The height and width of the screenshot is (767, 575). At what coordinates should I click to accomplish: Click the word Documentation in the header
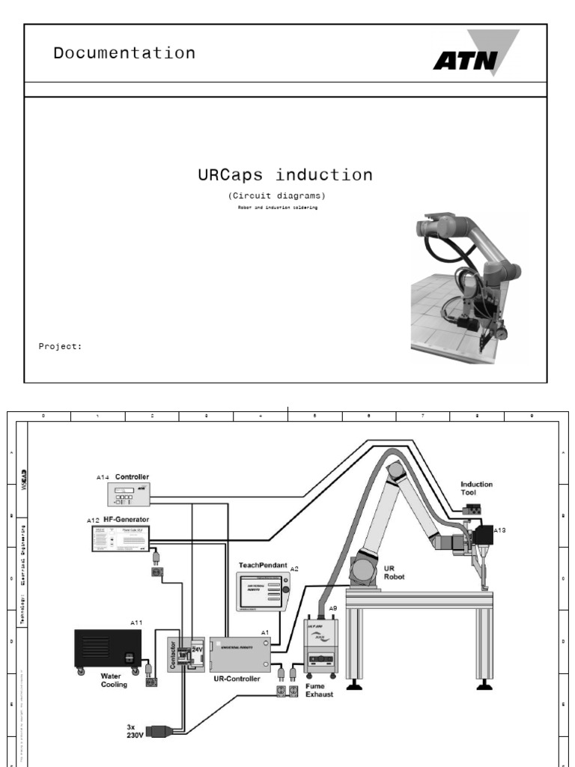click(124, 53)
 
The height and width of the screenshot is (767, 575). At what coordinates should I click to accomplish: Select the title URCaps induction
click(285, 175)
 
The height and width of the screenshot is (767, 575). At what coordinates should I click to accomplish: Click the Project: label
click(60, 346)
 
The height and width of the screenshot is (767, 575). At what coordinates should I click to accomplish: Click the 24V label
click(198, 650)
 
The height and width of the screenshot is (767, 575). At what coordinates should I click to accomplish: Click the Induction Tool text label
click(476, 488)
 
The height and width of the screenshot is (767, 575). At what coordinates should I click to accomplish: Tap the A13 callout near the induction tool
click(499, 530)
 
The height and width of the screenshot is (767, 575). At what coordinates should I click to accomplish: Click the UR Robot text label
click(394, 574)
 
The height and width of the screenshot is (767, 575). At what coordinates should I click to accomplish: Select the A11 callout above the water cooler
click(136, 622)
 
